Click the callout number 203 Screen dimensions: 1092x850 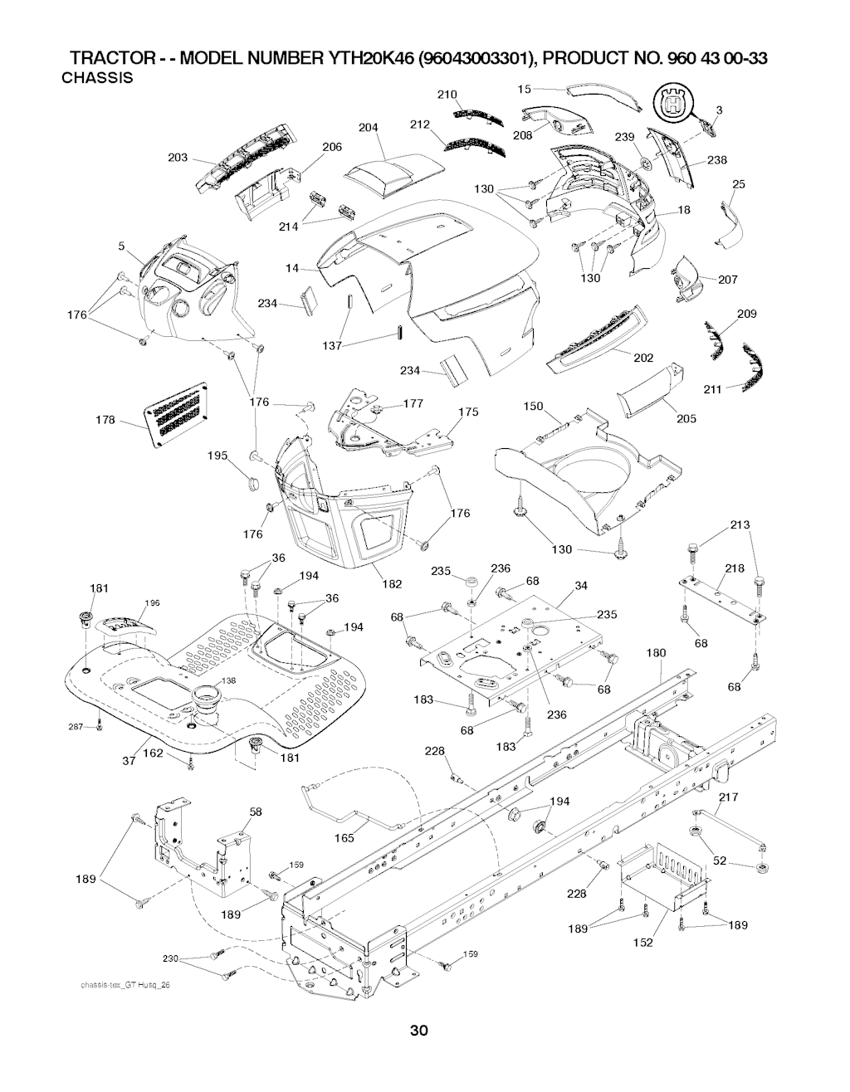(178, 158)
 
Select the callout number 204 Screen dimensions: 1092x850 (369, 128)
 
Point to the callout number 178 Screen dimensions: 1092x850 (105, 421)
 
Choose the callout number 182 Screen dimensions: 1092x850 (391, 583)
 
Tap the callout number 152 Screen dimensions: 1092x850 (644, 942)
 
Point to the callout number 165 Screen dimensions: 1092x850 (344, 838)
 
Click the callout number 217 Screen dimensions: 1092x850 (728, 797)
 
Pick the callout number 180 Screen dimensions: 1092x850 (656, 653)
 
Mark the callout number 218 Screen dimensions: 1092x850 (735, 568)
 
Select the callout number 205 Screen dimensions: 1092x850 (686, 418)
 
